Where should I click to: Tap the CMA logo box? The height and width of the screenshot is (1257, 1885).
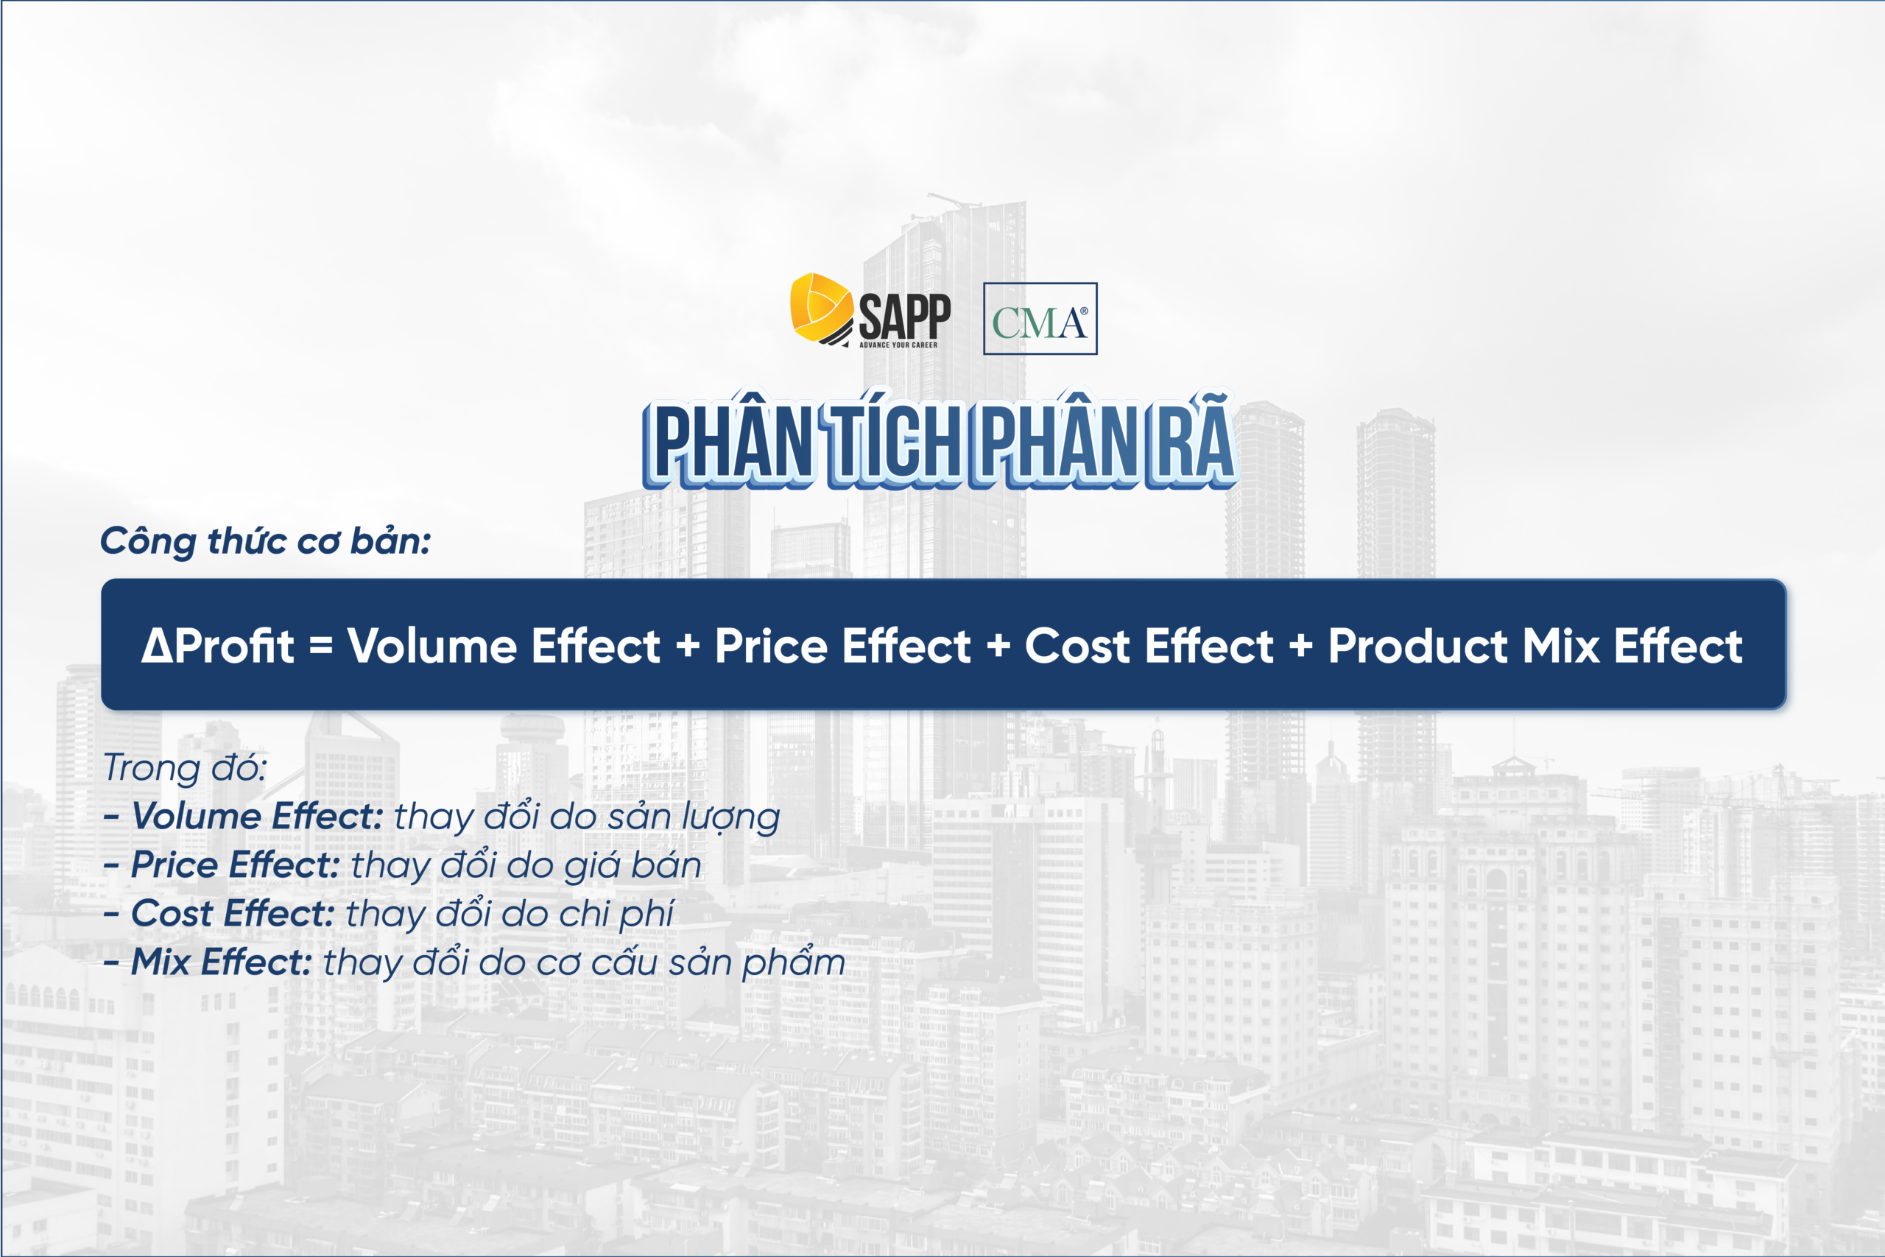1040,318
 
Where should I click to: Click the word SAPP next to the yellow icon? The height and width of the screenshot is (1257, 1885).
905,317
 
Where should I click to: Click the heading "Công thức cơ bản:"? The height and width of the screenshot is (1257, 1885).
265,542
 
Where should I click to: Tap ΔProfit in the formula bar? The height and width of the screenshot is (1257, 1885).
218,645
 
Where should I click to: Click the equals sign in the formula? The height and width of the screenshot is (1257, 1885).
320,645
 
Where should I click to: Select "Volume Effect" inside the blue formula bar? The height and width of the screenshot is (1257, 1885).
504,645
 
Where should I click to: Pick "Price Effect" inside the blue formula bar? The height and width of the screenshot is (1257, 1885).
842,645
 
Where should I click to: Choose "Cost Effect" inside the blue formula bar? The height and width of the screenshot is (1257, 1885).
1149,645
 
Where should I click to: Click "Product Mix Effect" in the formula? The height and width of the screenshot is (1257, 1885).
1535,645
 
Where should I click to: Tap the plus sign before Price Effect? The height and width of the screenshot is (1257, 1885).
688,645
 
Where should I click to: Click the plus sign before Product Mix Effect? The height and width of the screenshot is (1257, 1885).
1301,645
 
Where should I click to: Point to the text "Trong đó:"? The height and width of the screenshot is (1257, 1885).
185,768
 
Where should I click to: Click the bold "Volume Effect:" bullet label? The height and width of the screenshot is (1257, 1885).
257,816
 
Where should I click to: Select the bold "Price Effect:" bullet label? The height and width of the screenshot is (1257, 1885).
236,865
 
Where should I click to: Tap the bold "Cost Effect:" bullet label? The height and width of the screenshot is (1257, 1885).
233,914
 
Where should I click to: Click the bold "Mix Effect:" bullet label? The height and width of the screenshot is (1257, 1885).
221,962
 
